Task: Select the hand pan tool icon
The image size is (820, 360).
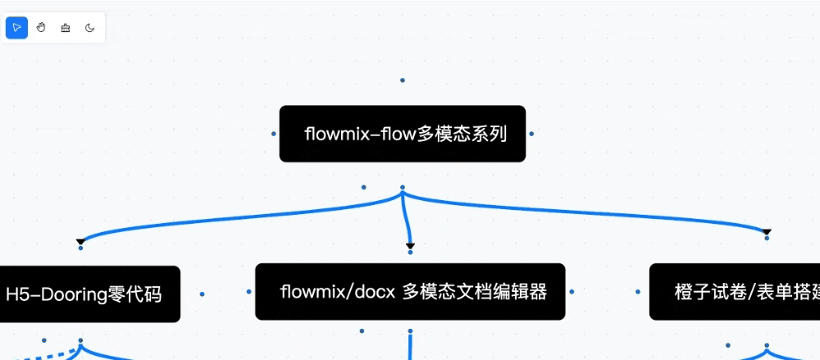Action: (x=41, y=28)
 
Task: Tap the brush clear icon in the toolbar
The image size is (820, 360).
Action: (x=66, y=28)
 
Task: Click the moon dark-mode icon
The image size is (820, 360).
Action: (x=89, y=28)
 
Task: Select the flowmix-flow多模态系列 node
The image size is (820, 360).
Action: (x=402, y=134)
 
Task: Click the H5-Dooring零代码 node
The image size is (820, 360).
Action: (x=86, y=294)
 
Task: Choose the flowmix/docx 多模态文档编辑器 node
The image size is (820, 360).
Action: (x=410, y=291)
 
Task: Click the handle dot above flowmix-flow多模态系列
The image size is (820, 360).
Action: (x=402, y=80)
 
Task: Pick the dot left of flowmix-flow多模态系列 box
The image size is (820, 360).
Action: (x=273, y=133)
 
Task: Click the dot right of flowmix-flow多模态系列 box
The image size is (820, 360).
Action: (x=531, y=133)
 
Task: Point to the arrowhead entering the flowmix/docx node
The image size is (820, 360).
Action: (x=410, y=246)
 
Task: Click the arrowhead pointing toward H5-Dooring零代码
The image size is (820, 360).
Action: (x=80, y=242)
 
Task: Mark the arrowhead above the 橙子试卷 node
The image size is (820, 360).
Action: (x=767, y=233)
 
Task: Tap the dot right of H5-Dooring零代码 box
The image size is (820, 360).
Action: (x=202, y=294)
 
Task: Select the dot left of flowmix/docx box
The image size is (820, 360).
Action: (x=248, y=291)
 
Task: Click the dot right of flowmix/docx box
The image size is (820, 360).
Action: (x=572, y=291)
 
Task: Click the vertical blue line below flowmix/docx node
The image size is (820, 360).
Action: (x=409, y=344)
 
